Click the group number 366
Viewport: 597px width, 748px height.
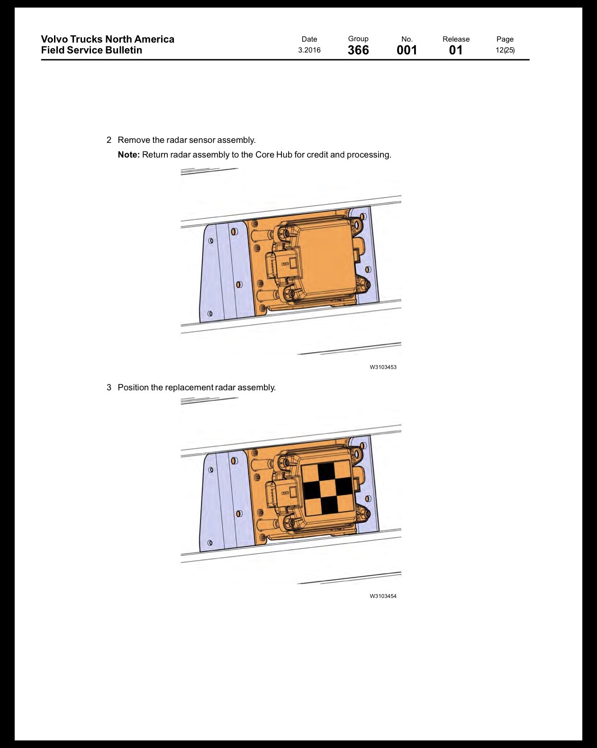[358, 50]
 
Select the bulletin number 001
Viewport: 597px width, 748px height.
[407, 50]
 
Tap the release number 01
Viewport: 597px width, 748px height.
[456, 50]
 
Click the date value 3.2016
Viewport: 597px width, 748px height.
[309, 50]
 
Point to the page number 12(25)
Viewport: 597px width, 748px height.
[505, 50]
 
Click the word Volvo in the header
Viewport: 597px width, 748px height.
[54, 39]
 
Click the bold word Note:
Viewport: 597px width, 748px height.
[129, 155]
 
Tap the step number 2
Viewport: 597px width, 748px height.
[109, 140]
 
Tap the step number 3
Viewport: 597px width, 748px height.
[109, 387]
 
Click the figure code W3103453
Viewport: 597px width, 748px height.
[383, 367]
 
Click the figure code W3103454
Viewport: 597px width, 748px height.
[383, 596]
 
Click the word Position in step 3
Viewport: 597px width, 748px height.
[133, 387]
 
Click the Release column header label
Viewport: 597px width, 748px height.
[456, 39]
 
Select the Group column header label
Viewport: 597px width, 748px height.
[358, 39]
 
